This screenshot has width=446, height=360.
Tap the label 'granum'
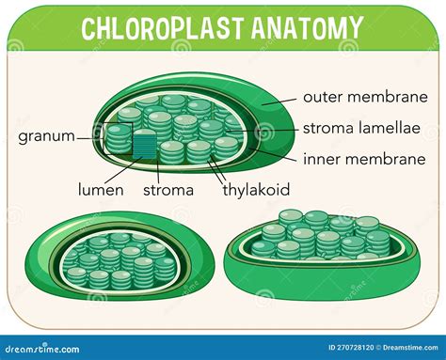(46, 135)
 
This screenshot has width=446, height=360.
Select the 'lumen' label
(100, 190)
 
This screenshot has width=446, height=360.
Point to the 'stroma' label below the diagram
(169, 190)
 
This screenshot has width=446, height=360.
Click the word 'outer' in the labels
(322, 96)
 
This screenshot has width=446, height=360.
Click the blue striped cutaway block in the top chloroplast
(144, 145)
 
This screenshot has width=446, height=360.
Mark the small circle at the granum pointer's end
(99, 134)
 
